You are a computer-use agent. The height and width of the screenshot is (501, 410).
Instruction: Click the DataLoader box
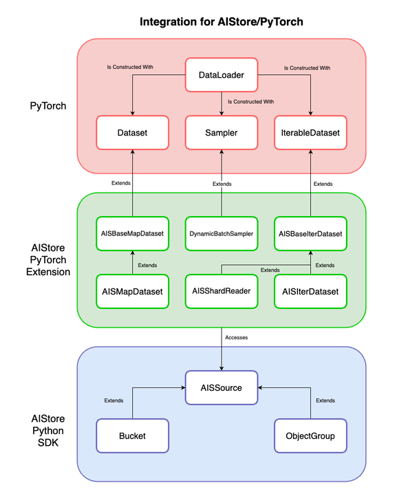click(x=221, y=74)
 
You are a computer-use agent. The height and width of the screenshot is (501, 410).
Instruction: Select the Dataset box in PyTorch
click(x=132, y=133)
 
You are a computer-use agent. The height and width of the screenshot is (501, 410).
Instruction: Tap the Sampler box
click(x=221, y=133)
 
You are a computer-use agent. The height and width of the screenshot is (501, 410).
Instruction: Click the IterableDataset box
click(x=310, y=133)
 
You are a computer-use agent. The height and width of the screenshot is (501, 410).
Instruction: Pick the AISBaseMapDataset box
click(x=132, y=233)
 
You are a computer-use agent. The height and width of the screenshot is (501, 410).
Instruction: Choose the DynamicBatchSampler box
click(x=221, y=233)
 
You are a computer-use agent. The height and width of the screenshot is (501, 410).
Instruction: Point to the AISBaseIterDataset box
click(x=310, y=233)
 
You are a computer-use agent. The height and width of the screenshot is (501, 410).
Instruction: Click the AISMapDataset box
click(x=132, y=291)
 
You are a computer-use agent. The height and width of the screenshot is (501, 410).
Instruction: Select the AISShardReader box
click(x=221, y=291)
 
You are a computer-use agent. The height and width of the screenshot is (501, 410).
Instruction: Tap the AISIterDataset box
click(x=310, y=291)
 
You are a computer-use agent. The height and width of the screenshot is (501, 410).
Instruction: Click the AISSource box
click(x=221, y=387)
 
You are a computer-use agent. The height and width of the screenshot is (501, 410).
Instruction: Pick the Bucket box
click(x=132, y=436)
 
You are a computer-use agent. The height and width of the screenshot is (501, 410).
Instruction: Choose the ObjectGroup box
click(x=310, y=436)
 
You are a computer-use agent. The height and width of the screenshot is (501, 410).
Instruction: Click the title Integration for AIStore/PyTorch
click(x=221, y=21)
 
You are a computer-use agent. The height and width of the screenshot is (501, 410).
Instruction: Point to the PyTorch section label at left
click(x=49, y=106)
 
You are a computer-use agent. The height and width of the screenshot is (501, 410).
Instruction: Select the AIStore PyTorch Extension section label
click(x=50, y=259)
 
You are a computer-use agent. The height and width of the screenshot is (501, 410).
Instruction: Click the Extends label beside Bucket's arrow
click(x=114, y=400)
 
